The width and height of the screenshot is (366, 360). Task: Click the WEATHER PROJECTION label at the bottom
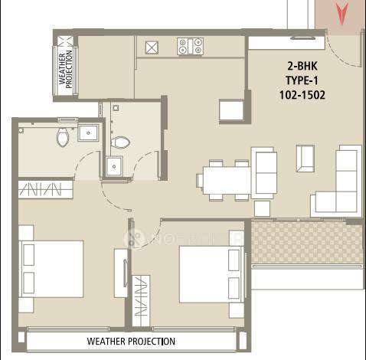pyautogui.click(x=131, y=341)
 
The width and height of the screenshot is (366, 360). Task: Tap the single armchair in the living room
pyautogui.click(x=305, y=158)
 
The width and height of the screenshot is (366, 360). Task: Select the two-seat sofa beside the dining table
pyautogui.click(x=265, y=172)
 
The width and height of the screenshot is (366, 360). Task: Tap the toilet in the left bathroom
pyautogui.click(x=63, y=137)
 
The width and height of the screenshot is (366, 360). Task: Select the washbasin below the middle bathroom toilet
pyautogui.click(x=115, y=165)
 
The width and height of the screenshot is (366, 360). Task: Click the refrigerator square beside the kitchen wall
pyautogui.click(x=230, y=110)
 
